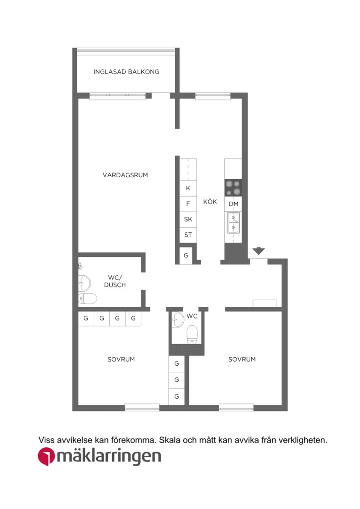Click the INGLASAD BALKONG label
[x=126, y=72]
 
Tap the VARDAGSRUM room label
[x=125, y=175]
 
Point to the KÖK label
[x=210, y=202]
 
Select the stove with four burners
[x=233, y=188]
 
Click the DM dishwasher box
[x=233, y=204]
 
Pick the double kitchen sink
[x=233, y=222]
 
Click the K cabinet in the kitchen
[x=188, y=188]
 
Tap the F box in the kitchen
[x=188, y=204]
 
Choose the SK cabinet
[x=188, y=219]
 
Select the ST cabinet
[x=188, y=235]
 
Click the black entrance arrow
[x=259, y=251]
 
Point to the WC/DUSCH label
[x=115, y=281]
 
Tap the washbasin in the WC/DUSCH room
[x=85, y=283]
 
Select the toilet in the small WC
[x=192, y=334]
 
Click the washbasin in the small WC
[x=178, y=320]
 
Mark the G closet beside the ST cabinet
[x=186, y=255]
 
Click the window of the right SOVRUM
[x=237, y=407]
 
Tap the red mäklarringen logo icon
[x=46, y=456]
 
